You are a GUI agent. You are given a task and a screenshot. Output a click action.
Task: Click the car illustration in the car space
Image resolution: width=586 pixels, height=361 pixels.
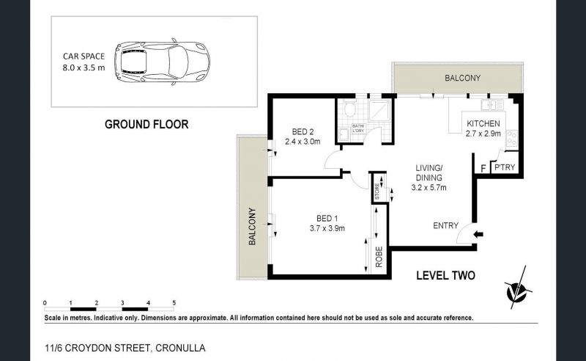click(x=162, y=63)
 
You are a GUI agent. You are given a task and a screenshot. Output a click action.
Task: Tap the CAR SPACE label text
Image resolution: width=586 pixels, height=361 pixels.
click(x=84, y=56)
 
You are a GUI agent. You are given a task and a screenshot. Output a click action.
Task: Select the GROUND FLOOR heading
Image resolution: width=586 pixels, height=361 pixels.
click(x=146, y=124)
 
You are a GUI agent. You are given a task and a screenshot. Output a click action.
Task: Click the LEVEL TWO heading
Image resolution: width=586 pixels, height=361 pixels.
click(x=445, y=276)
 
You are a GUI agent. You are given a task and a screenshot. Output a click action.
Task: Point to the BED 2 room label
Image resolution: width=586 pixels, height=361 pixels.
click(x=303, y=132)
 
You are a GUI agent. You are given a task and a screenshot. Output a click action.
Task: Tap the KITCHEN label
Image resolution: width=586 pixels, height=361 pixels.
click(x=483, y=123)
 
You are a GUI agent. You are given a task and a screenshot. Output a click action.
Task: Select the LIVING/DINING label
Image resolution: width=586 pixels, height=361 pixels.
click(x=429, y=172)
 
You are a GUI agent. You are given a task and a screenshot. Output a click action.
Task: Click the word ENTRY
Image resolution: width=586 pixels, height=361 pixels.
click(x=445, y=225)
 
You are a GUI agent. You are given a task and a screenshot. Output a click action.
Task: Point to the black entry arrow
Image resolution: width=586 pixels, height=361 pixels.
click(x=478, y=234)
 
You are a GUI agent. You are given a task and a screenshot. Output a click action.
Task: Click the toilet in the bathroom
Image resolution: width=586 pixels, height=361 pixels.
click(x=350, y=109)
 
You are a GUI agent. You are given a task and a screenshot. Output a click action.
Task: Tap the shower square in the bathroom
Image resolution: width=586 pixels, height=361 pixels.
click(x=379, y=110)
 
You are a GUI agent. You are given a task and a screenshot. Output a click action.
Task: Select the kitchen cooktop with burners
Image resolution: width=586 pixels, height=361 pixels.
click(x=511, y=138)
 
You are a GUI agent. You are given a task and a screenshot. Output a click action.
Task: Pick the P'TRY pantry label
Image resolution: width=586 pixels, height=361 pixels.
click(x=505, y=167)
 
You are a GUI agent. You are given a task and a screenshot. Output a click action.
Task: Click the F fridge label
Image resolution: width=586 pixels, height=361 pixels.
click(x=483, y=169)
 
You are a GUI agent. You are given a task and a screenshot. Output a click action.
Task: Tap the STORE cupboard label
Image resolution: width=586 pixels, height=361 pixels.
click(x=377, y=191)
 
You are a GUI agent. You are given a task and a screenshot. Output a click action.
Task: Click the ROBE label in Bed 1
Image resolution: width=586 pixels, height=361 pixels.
click(x=379, y=257)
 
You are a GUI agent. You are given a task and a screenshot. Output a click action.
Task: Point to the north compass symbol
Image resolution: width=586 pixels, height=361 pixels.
click(x=518, y=289)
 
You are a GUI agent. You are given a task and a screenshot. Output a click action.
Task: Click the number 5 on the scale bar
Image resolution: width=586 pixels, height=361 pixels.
click(x=174, y=302)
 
